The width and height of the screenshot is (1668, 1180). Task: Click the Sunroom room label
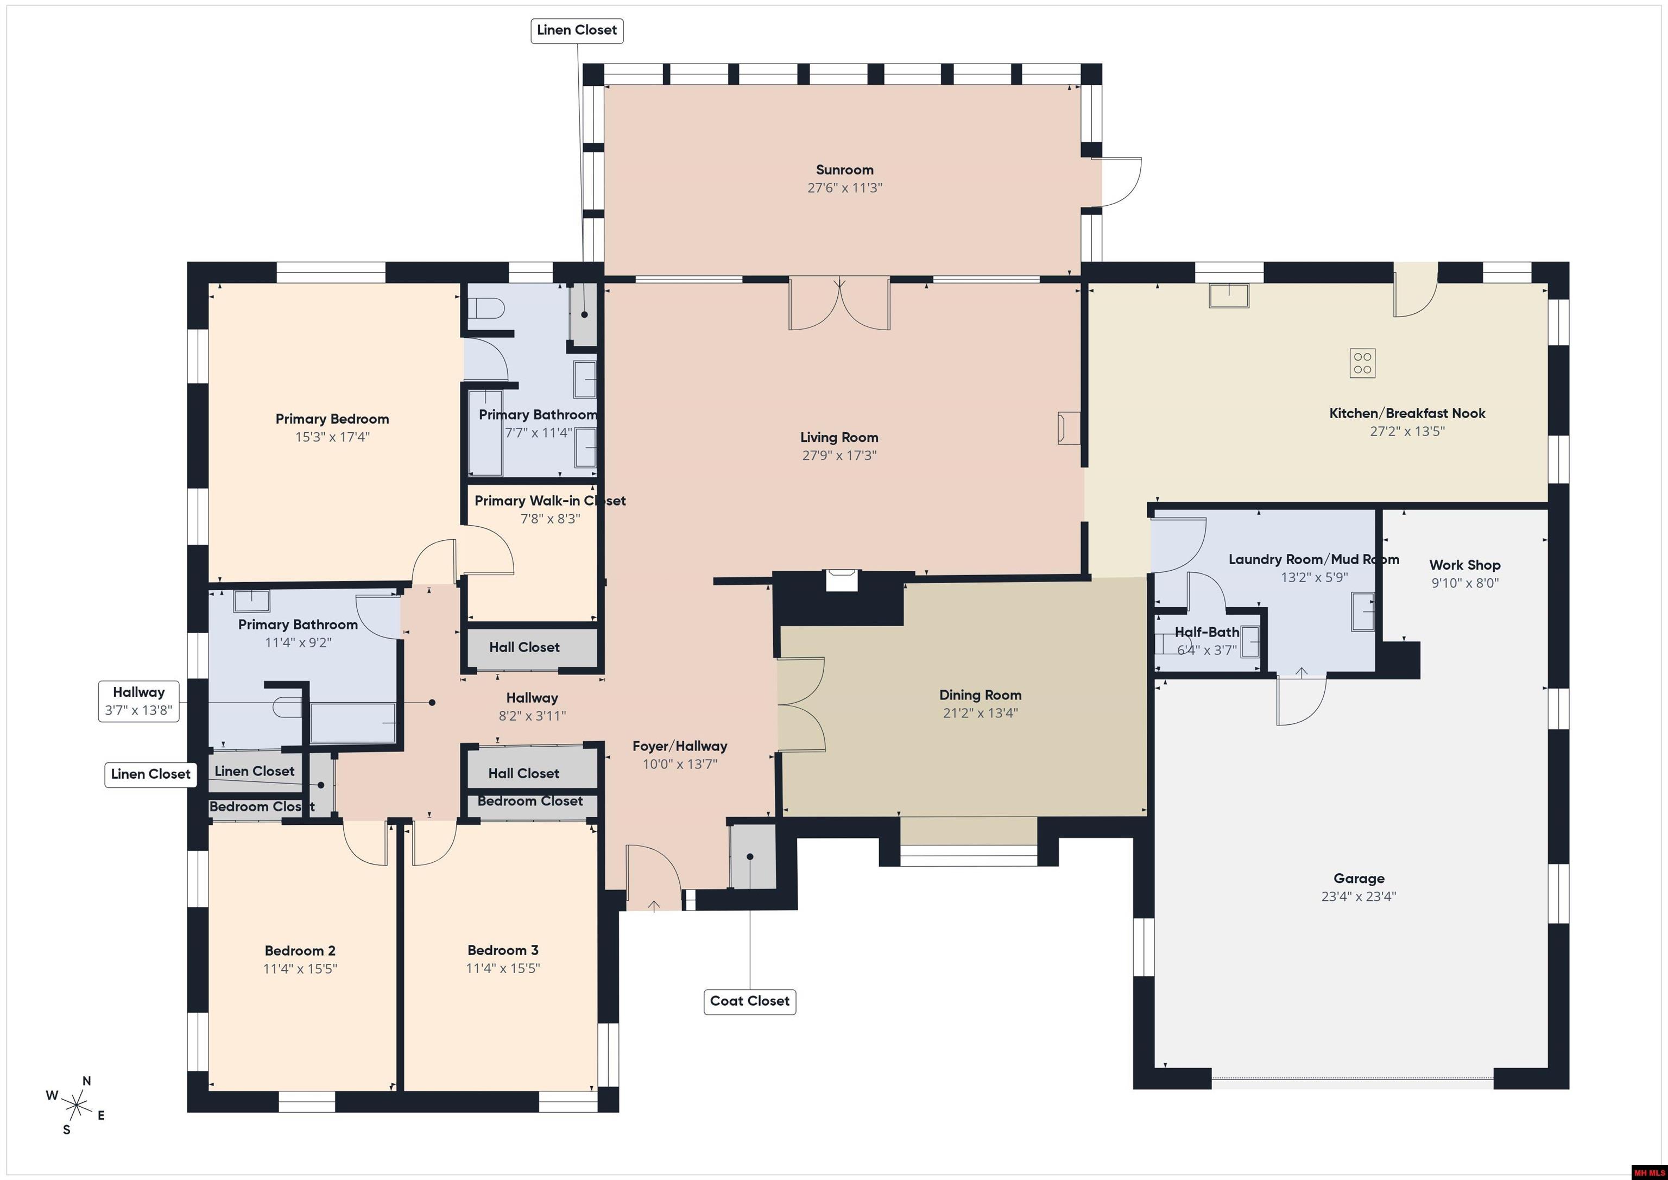pos(844,170)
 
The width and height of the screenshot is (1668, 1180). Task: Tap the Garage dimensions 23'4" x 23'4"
pos(1359,897)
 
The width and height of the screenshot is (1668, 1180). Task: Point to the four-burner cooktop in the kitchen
pos(1362,363)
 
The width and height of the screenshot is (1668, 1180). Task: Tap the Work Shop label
pos(1464,565)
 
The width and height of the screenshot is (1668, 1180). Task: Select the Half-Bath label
pos(1206,632)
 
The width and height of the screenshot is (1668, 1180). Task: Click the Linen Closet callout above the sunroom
pos(577,30)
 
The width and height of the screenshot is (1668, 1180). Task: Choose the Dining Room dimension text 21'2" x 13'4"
pos(980,713)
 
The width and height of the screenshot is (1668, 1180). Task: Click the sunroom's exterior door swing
pos(1122,182)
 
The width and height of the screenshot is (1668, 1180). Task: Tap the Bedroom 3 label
pos(503,950)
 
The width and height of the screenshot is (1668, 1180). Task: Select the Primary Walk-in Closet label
pos(550,501)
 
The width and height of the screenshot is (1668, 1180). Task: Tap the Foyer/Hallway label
pos(679,746)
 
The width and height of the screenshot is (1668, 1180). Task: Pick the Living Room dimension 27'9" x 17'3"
pos(839,456)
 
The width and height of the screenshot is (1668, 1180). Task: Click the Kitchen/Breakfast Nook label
pos(1406,413)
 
